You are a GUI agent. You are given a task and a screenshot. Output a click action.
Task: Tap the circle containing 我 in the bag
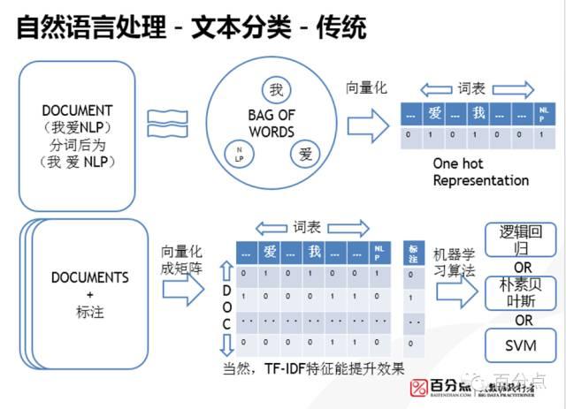pyautogui.click(x=276, y=90)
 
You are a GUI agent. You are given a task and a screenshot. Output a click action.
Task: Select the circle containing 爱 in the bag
pyautogui.click(x=305, y=154)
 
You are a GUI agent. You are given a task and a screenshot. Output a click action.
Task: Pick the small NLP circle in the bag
pyautogui.click(x=239, y=155)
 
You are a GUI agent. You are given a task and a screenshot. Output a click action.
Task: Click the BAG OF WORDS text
pyautogui.click(x=271, y=124)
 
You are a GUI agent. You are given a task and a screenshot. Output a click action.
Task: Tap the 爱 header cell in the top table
pyautogui.click(x=434, y=113)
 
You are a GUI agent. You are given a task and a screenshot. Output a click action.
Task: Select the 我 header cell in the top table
pyautogui.click(x=478, y=113)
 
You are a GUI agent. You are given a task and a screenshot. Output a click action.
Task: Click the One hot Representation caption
pyautogui.click(x=480, y=172)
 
